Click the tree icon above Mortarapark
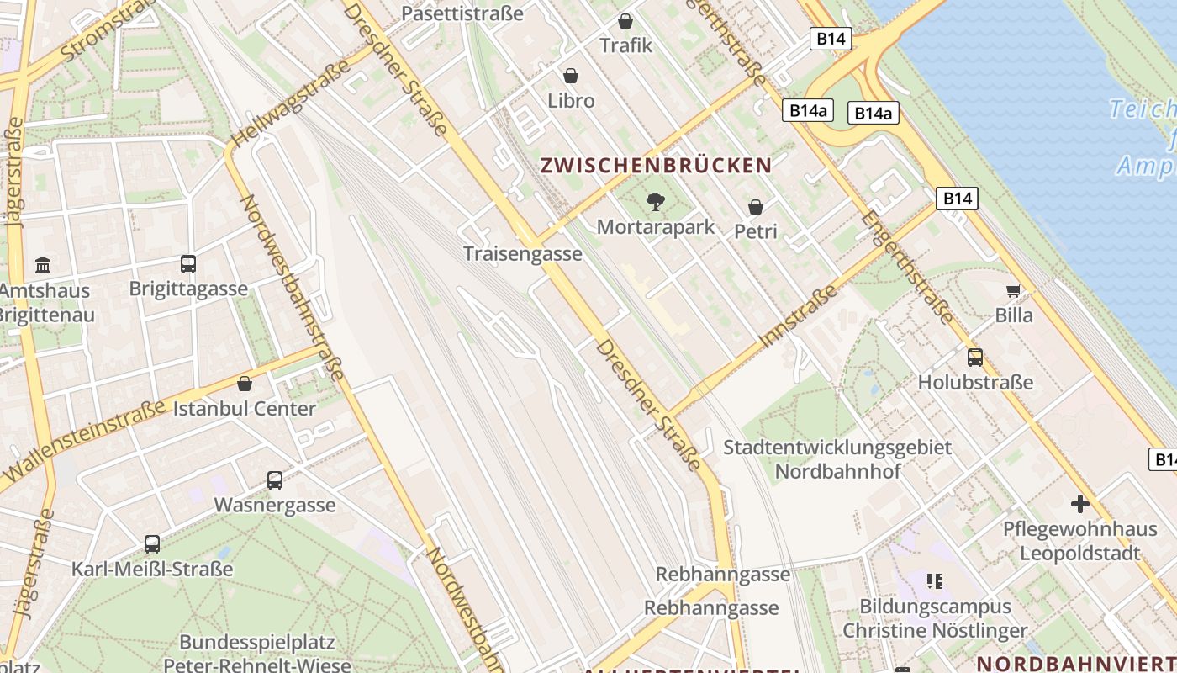pyautogui.click(x=655, y=202)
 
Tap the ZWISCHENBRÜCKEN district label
pyautogui.click(x=656, y=165)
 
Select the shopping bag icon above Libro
pyautogui.click(x=571, y=77)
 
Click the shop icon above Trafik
pyautogui.click(x=625, y=21)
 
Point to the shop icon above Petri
pyautogui.click(x=756, y=207)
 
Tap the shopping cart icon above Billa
pyautogui.click(x=1014, y=291)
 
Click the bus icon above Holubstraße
pyautogui.click(x=975, y=358)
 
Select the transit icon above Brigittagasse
pyautogui.click(x=188, y=264)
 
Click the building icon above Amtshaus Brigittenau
pyautogui.click(x=43, y=267)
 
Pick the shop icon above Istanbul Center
pyautogui.click(x=245, y=384)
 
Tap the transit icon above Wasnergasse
pyautogui.click(x=275, y=480)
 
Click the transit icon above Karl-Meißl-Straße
pyautogui.click(x=152, y=544)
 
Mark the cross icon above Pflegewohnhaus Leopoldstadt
pyautogui.click(x=1080, y=505)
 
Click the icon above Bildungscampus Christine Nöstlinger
pyautogui.click(x=934, y=581)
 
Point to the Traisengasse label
pyautogui.click(x=523, y=253)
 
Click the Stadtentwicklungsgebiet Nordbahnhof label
pyautogui.click(x=837, y=458)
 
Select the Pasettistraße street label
pyautogui.click(x=462, y=13)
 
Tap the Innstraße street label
pyautogui.click(x=799, y=315)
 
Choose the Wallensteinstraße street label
pyautogui.click(x=84, y=446)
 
